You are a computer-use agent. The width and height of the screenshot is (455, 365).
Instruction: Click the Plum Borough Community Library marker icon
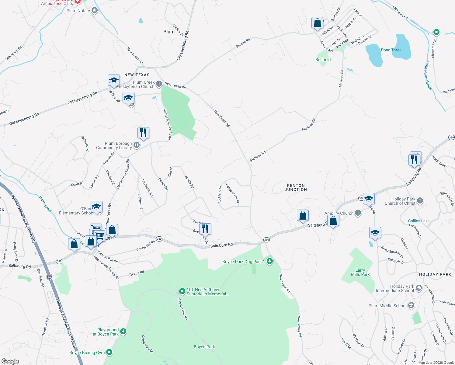click(137, 145)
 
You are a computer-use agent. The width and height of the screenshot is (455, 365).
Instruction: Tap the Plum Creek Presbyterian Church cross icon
click(159, 84)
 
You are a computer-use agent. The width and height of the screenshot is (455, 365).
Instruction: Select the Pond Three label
click(391, 50)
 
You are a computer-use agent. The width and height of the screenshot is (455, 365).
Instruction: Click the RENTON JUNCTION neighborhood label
click(296, 187)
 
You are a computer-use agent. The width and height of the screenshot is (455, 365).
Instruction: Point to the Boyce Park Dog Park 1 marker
click(269, 261)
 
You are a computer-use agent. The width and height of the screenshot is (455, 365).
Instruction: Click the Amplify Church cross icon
click(358, 213)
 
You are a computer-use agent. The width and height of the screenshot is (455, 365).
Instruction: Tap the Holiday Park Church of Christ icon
click(420, 200)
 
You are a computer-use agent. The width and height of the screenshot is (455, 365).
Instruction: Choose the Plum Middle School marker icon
click(411, 305)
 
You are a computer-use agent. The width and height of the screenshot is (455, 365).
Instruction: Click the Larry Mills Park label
click(360, 272)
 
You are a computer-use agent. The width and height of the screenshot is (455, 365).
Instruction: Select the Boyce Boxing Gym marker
click(109, 352)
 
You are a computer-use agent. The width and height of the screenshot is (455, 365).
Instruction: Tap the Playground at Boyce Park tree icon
click(123, 331)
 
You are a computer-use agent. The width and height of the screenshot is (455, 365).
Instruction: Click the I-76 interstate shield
click(49, 277)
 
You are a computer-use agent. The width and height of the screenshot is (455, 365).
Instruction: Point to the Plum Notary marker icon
click(95, 11)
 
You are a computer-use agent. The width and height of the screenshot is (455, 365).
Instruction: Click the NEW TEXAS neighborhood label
click(137, 75)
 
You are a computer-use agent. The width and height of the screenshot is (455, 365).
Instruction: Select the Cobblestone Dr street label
click(233, 193)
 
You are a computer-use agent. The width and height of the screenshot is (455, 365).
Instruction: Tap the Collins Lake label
click(419, 221)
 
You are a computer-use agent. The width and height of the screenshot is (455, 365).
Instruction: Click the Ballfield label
click(323, 60)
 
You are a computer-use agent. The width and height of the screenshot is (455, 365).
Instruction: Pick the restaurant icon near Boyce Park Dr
click(205, 228)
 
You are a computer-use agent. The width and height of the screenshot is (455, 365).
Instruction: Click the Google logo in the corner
click(10, 361)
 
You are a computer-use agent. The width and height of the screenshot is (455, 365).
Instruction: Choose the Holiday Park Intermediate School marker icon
click(419, 288)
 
